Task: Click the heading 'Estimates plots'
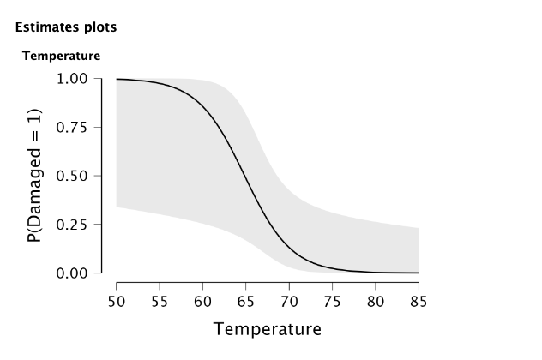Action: pyautogui.click(x=66, y=27)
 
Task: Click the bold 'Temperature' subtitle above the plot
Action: pyautogui.click(x=61, y=57)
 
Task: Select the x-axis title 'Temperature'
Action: pyautogui.click(x=267, y=329)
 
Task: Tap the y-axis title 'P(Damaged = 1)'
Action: pyautogui.click(x=35, y=176)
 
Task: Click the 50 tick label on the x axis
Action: pyautogui.click(x=117, y=301)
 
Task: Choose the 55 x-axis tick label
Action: pyautogui.click(x=160, y=301)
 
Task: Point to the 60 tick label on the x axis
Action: pyautogui.click(x=203, y=301)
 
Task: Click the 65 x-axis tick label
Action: pyautogui.click(x=246, y=301)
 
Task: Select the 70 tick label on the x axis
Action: pyautogui.click(x=289, y=301)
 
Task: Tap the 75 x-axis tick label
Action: pyautogui.click(x=332, y=301)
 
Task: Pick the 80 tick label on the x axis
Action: pyautogui.click(x=376, y=301)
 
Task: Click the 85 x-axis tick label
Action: pyautogui.click(x=419, y=301)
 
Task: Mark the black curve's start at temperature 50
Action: pyautogui.click(x=117, y=79)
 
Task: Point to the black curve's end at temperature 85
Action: pyautogui.click(x=419, y=273)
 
